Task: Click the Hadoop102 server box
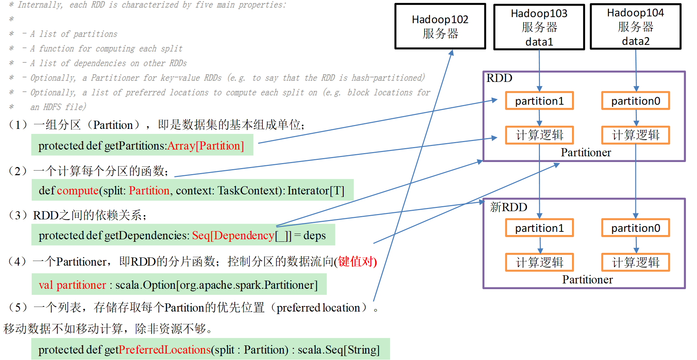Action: click(x=440, y=26)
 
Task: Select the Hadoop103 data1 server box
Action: click(x=539, y=27)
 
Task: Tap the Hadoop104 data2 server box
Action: click(x=635, y=26)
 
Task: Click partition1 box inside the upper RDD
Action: click(x=539, y=101)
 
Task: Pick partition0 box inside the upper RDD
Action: click(x=635, y=101)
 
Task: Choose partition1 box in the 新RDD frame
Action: click(x=539, y=228)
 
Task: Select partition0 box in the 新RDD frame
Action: click(x=635, y=228)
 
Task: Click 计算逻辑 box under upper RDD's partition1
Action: click(x=539, y=135)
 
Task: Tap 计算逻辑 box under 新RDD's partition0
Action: click(x=635, y=262)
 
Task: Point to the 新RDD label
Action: click(x=508, y=207)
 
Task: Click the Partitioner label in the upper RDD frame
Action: click(x=586, y=152)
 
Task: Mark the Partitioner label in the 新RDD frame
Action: click(x=587, y=280)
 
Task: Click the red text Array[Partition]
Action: click(x=206, y=146)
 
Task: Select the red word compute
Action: click(x=78, y=191)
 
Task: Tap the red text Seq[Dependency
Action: click(x=233, y=235)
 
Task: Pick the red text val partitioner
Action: click(x=72, y=285)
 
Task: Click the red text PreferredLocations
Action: click(x=165, y=350)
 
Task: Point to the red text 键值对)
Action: click(x=357, y=261)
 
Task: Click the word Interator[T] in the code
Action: click(x=316, y=191)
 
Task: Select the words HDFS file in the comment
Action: click(x=64, y=107)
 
